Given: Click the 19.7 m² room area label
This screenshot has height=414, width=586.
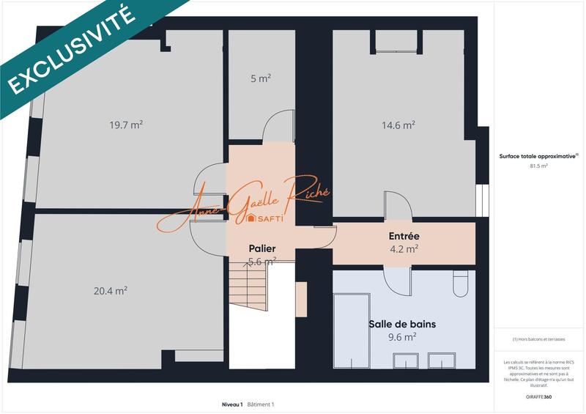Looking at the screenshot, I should pyautogui.click(x=126, y=125).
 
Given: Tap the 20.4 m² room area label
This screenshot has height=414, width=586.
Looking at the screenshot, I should pyautogui.click(x=111, y=291).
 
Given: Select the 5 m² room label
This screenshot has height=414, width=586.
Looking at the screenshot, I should pyautogui.click(x=260, y=78).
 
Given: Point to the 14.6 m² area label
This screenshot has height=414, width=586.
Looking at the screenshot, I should pyautogui.click(x=398, y=125).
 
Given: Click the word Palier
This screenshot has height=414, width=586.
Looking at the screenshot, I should pyautogui.click(x=261, y=248).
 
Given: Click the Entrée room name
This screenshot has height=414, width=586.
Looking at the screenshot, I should pyautogui.click(x=404, y=236).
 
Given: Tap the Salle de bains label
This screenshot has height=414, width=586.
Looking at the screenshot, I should pyautogui.click(x=407, y=323).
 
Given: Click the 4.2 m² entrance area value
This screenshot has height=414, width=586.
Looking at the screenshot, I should pyautogui.click(x=404, y=248).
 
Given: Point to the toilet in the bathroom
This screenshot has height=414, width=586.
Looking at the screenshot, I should pyautogui.click(x=460, y=284).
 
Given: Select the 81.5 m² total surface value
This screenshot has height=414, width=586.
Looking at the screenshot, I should pyautogui.click(x=539, y=166).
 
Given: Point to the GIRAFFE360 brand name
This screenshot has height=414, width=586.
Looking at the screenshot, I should pyautogui.click(x=538, y=396).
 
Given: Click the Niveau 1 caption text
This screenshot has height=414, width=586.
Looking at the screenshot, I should pyautogui.click(x=232, y=404).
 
